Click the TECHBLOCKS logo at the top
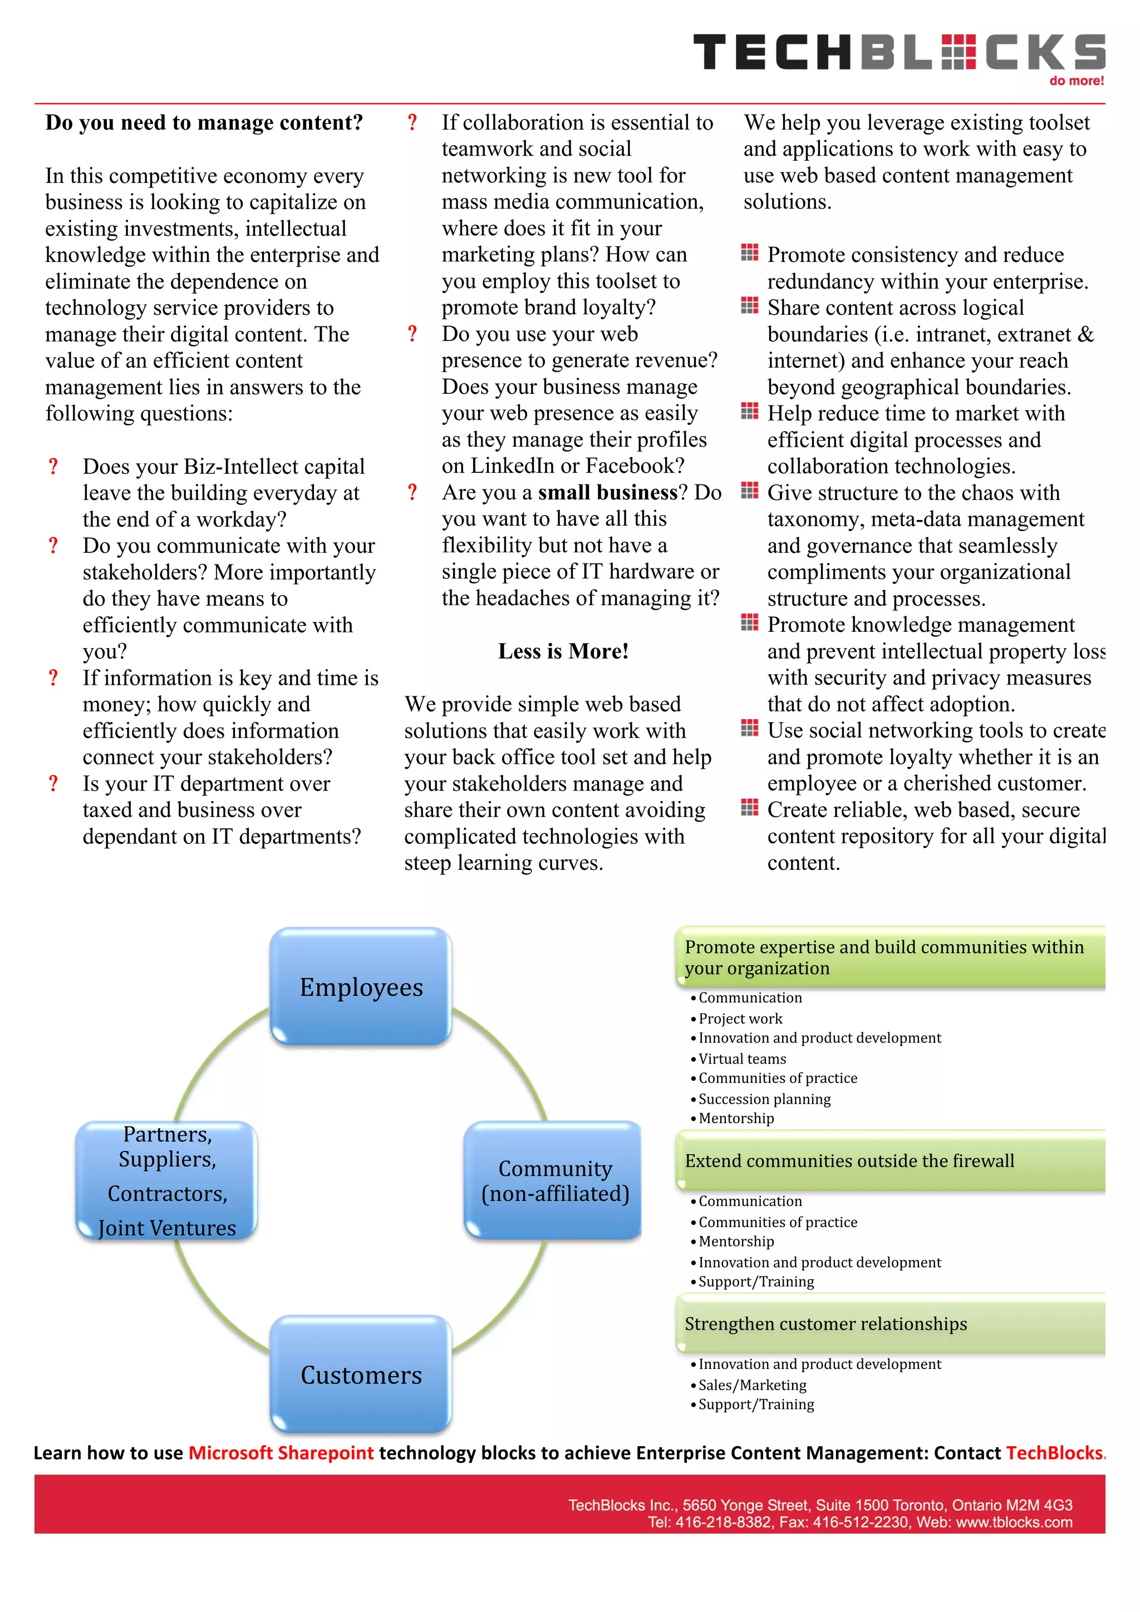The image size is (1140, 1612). tap(898, 53)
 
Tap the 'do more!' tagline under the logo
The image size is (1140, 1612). tap(1076, 81)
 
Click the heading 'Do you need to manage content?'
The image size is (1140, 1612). tap(204, 123)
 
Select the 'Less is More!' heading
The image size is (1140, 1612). tap(563, 651)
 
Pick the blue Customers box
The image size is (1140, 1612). tap(361, 1374)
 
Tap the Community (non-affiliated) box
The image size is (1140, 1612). tap(554, 1181)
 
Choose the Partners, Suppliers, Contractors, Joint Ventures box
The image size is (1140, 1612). tap(167, 1181)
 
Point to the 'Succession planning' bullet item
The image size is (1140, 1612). tap(764, 1099)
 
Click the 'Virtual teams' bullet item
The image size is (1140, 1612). tap(742, 1059)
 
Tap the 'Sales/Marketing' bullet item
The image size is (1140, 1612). tap(751, 1384)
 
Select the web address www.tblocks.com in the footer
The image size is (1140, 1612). tap(1014, 1522)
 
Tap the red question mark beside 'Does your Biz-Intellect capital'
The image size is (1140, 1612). tap(53, 466)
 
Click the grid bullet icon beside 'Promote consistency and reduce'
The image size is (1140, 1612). tap(749, 253)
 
